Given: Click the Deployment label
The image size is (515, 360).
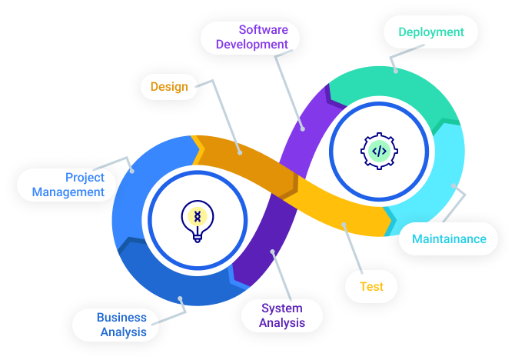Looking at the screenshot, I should (x=430, y=32).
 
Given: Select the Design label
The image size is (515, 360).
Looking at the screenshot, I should (x=169, y=86).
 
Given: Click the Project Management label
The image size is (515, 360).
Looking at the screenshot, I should (x=68, y=185).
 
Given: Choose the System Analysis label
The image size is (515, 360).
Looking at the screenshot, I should (x=281, y=315).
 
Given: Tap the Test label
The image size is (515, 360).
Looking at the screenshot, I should (x=371, y=286).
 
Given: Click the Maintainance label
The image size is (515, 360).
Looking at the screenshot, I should (x=449, y=238).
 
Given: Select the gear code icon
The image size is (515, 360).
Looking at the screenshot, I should (x=379, y=150).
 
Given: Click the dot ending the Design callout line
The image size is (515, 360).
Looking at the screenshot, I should (x=239, y=152).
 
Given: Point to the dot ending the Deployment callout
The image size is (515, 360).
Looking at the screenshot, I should (x=396, y=71).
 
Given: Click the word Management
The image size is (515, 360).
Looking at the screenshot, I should (x=68, y=192).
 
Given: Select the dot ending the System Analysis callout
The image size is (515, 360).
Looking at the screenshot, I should (x=273, y=251).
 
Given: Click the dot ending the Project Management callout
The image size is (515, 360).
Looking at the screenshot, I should (x=132, y=171).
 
